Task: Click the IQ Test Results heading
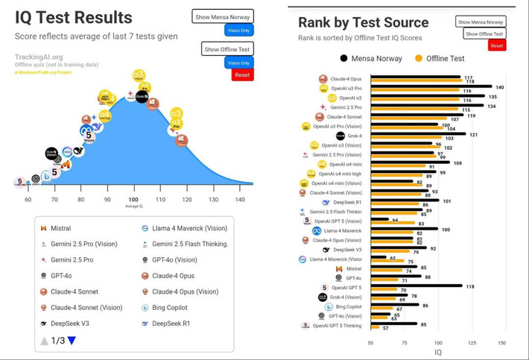[74, 17]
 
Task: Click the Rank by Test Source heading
[363, 23]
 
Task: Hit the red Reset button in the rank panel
[497, 45]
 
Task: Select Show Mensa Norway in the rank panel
[481, 22]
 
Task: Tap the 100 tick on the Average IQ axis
[133, 200]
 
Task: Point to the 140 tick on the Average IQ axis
[240, 200]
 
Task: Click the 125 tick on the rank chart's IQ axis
[471, 343]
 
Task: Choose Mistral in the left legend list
[60, 228]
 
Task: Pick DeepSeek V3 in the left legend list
[70, 323]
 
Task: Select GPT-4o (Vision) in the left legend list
[174, 260]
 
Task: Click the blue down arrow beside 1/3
[72, 341]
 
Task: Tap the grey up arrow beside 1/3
[45, 341]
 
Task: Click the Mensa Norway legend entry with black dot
[371, 58]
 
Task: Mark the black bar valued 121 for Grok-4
[418, 135]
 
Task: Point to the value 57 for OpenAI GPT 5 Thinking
[386, 328]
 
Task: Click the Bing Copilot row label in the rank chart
[347, 306]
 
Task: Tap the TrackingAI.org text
[39, 57]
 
